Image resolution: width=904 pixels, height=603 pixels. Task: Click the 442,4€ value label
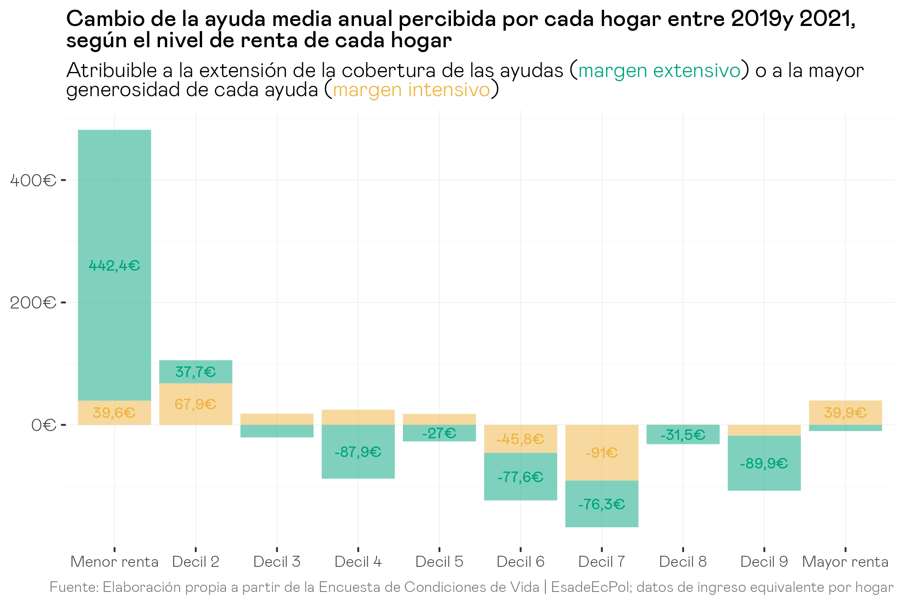[114, 266]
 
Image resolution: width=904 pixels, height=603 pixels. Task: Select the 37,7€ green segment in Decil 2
[196, 372]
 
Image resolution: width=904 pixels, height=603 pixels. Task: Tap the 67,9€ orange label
[196, 404]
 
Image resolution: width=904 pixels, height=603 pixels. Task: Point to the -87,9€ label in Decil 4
[358, 452]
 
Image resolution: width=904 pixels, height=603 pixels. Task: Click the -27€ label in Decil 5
[439, 433]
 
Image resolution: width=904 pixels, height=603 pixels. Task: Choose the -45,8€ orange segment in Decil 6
[520, 439]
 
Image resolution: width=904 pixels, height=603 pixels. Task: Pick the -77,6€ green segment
[520, 477]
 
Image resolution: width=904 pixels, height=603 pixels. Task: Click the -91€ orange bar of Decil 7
[602, 453]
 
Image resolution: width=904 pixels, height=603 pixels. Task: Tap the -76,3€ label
[602, 504]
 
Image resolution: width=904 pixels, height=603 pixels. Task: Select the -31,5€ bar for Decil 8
[683, 434]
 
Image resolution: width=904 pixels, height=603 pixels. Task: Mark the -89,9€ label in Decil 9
[764, 463]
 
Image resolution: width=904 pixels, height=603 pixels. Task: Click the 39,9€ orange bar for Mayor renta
[845, 412]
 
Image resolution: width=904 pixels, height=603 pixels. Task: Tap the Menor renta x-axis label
[114, 562]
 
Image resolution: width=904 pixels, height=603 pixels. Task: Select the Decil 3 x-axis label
[277, 562]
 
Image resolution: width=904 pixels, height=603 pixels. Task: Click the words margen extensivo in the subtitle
[659, 71]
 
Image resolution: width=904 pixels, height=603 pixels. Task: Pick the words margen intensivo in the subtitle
[411, 90]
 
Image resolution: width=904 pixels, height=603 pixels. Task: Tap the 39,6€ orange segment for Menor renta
[114, 412]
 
